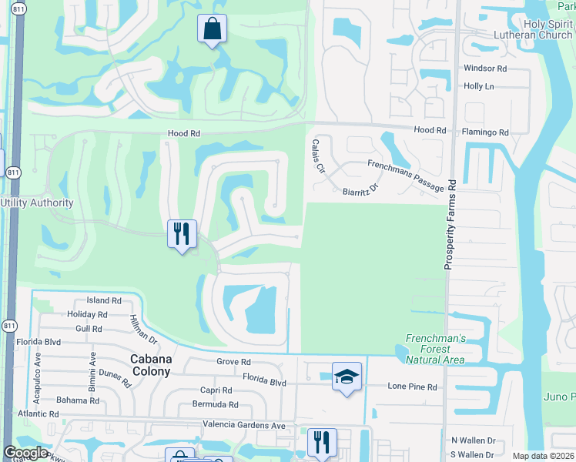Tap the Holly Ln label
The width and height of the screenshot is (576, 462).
point(478,86)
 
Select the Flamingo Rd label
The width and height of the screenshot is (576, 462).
point(485,132)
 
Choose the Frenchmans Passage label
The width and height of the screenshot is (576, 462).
point(405,176)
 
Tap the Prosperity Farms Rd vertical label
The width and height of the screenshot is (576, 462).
point(451,224)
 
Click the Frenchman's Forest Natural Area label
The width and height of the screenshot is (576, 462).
point(435,349)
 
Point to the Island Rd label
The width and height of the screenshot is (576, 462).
point(104,300)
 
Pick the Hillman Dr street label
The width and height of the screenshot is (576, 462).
point(143,330)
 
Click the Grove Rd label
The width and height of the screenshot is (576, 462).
point(234,362)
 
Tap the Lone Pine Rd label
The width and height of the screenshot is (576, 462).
point(412,387)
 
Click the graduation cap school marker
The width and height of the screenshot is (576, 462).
point(347,377)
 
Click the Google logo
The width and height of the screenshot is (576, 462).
point(25,454)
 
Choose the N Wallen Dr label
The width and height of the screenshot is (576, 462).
point(473,440)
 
